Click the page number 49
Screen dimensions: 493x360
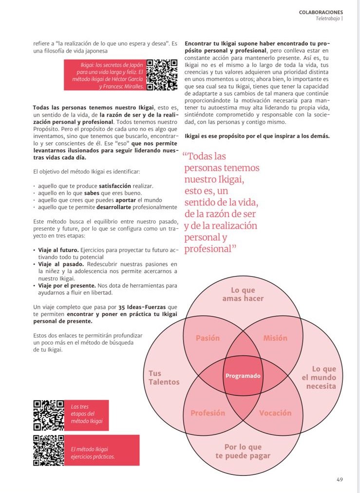(x=340, y=479)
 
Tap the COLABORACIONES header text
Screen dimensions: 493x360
(x=321, y=12)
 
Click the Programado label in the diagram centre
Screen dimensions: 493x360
(x=243, y=376)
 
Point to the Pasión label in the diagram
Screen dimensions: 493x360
(x=208, y=338)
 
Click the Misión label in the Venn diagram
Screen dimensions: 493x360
(x=275, y=338)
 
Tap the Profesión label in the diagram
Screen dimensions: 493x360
(x=208, y=413)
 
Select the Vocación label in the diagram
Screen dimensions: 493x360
(x=275, y=413)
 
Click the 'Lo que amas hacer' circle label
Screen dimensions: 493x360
(x=243, y=294)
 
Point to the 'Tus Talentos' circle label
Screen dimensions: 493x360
(x=164, y=378)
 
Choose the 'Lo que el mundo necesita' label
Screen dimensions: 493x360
(x=319, y=377)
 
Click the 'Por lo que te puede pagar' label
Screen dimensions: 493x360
(x=243, y=451)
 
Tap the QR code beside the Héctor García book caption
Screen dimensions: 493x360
(x=161, y=75)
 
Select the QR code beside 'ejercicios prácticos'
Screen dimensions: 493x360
(x=48, y=450)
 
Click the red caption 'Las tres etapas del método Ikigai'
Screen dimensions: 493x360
(x=83, y=414)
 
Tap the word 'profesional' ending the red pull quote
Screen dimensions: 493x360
(x=208, y=249)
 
